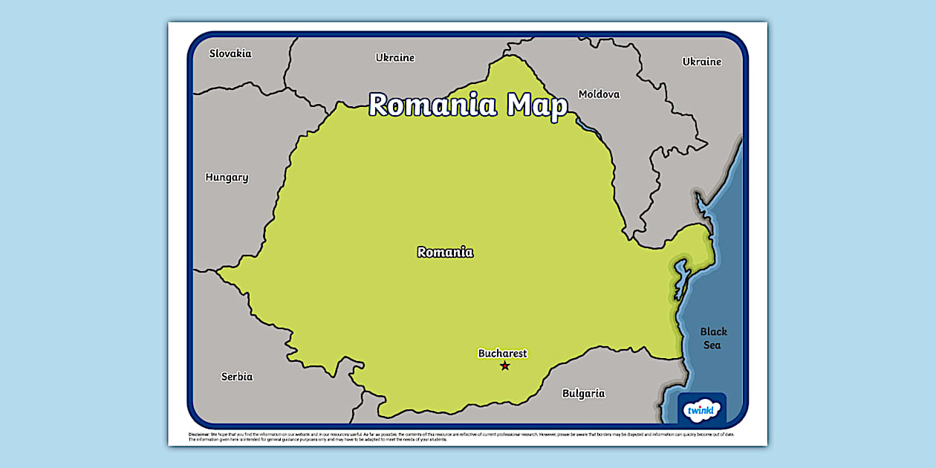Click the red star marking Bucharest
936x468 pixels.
click(505, 365)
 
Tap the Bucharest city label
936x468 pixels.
click(502, 354)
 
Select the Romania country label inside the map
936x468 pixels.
click(445, 252)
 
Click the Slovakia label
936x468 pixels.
click(230, 53)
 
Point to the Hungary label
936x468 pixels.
click(227, 178)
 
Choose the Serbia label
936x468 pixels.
click(237, 377)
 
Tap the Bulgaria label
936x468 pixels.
click(583, 393)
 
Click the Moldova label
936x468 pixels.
click(599, 94)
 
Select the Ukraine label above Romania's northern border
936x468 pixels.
click(395, 57)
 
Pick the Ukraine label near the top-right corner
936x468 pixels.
click(702, 62)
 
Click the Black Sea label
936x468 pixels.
click(713, 338)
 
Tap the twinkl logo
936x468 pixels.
click(701, 410)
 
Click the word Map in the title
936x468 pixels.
click(537, 105)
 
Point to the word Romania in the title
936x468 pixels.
click(433, 105)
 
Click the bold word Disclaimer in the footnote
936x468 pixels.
click(199, 435)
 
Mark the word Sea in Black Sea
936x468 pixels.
click(713, 345)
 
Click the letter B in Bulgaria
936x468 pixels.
click(566, 393)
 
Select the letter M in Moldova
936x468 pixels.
click(584, 94)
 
